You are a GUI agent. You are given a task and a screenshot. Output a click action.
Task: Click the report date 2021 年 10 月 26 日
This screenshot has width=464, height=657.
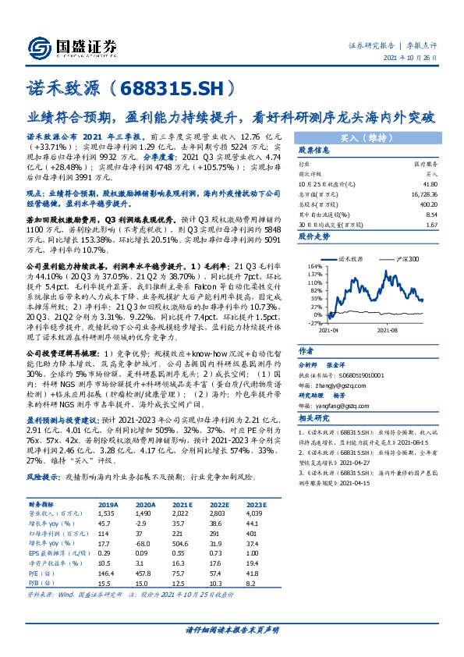(411, 59)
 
